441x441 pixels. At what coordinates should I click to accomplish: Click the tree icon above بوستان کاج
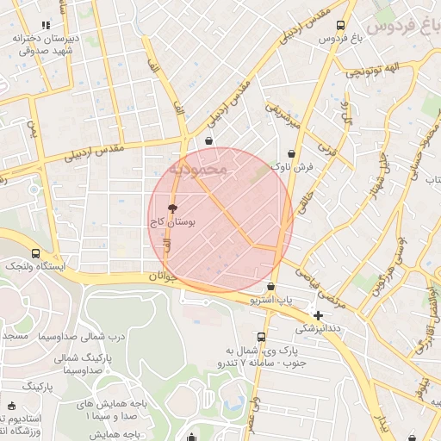[172, 208]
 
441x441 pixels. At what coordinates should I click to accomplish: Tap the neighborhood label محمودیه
[198, 169]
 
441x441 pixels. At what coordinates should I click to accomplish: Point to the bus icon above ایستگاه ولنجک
[35, 253]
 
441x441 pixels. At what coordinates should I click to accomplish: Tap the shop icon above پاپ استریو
[271, 287]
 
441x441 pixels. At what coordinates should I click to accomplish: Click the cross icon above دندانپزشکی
[319, 315]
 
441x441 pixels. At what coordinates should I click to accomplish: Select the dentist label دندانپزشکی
[319, 328]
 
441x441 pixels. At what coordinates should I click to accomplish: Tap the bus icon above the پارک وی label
[261, 337]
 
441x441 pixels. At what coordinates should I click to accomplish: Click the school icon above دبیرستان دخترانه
[46, 26]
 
